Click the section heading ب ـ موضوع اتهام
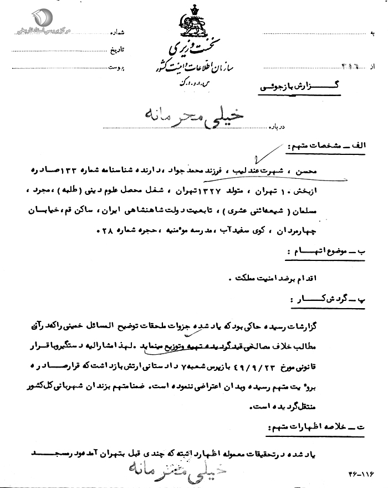pos(333,252)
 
